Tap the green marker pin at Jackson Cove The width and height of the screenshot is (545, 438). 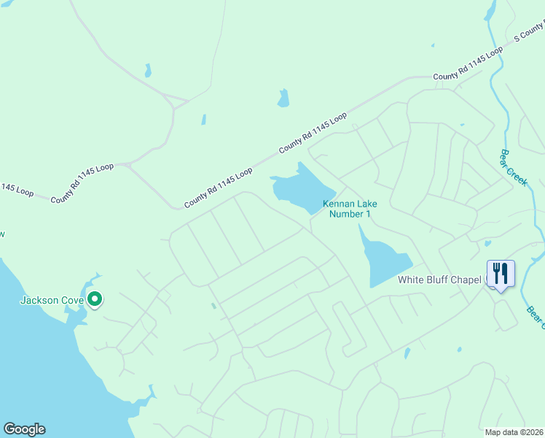pos(95,299)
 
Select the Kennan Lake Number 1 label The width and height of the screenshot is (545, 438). pos(350,209)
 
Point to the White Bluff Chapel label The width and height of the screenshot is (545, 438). pos(440,280)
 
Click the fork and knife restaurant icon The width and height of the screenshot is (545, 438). pos(501,274)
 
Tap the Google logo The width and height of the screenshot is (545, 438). pos(24,429)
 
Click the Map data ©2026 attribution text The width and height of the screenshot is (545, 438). pos(514,432)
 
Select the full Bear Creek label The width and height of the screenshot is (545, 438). pos(513,168)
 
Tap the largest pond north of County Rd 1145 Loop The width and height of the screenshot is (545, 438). pos(283,99)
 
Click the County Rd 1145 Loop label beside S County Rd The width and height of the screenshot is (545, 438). pos(468,64)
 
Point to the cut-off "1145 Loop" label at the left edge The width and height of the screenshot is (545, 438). pos(16,190)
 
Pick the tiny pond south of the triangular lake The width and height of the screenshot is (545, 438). pos(407,353)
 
